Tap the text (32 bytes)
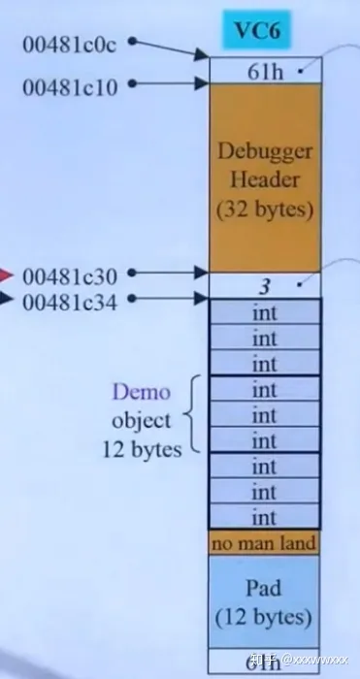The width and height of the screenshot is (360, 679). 264,208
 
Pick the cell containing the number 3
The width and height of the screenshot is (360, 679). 264,286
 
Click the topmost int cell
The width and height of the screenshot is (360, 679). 264,312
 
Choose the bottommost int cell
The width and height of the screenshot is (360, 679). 264,516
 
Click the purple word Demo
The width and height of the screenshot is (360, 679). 142,393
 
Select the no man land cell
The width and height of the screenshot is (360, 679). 264,543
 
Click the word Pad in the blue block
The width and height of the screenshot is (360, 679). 264,590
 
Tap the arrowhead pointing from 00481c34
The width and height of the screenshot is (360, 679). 202,302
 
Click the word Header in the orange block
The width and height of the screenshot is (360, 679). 264,180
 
